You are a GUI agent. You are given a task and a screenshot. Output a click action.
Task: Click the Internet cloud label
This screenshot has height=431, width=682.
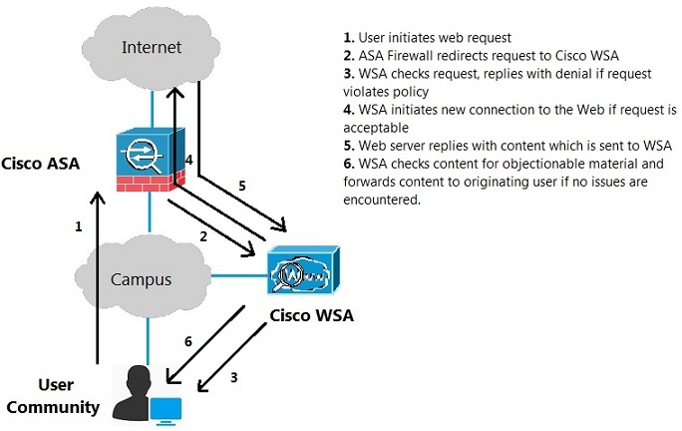(x=153, y=47)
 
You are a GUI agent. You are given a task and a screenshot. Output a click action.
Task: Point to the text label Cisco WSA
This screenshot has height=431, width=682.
(x=312, y=317)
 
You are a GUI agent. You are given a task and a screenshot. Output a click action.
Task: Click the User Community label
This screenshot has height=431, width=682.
(x=56, y=395)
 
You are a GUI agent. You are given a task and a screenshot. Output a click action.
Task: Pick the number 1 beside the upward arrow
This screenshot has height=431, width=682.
(x=78, y=226)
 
